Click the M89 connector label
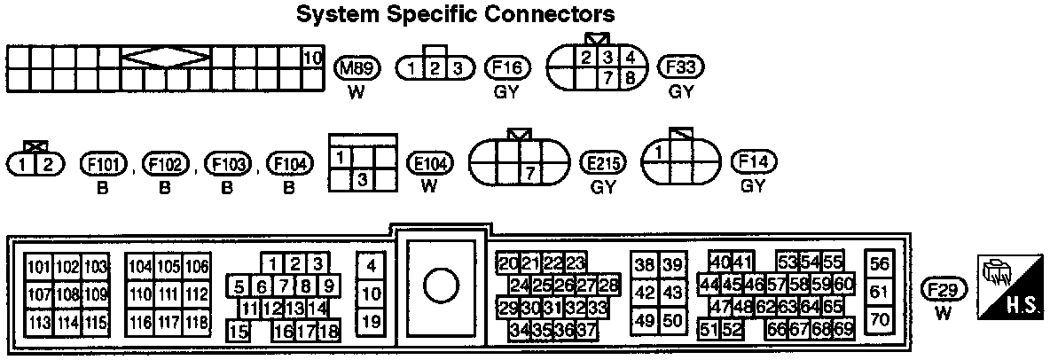point(357,68)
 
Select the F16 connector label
point(508,68)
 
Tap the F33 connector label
point(680,68)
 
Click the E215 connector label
point(603,164)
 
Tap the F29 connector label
point(944,289)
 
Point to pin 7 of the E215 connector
point(530,174)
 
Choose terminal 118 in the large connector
point(196,322)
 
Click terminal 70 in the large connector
point(880,318)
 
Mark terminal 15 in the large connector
point(238,332)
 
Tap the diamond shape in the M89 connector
point(166,59)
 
